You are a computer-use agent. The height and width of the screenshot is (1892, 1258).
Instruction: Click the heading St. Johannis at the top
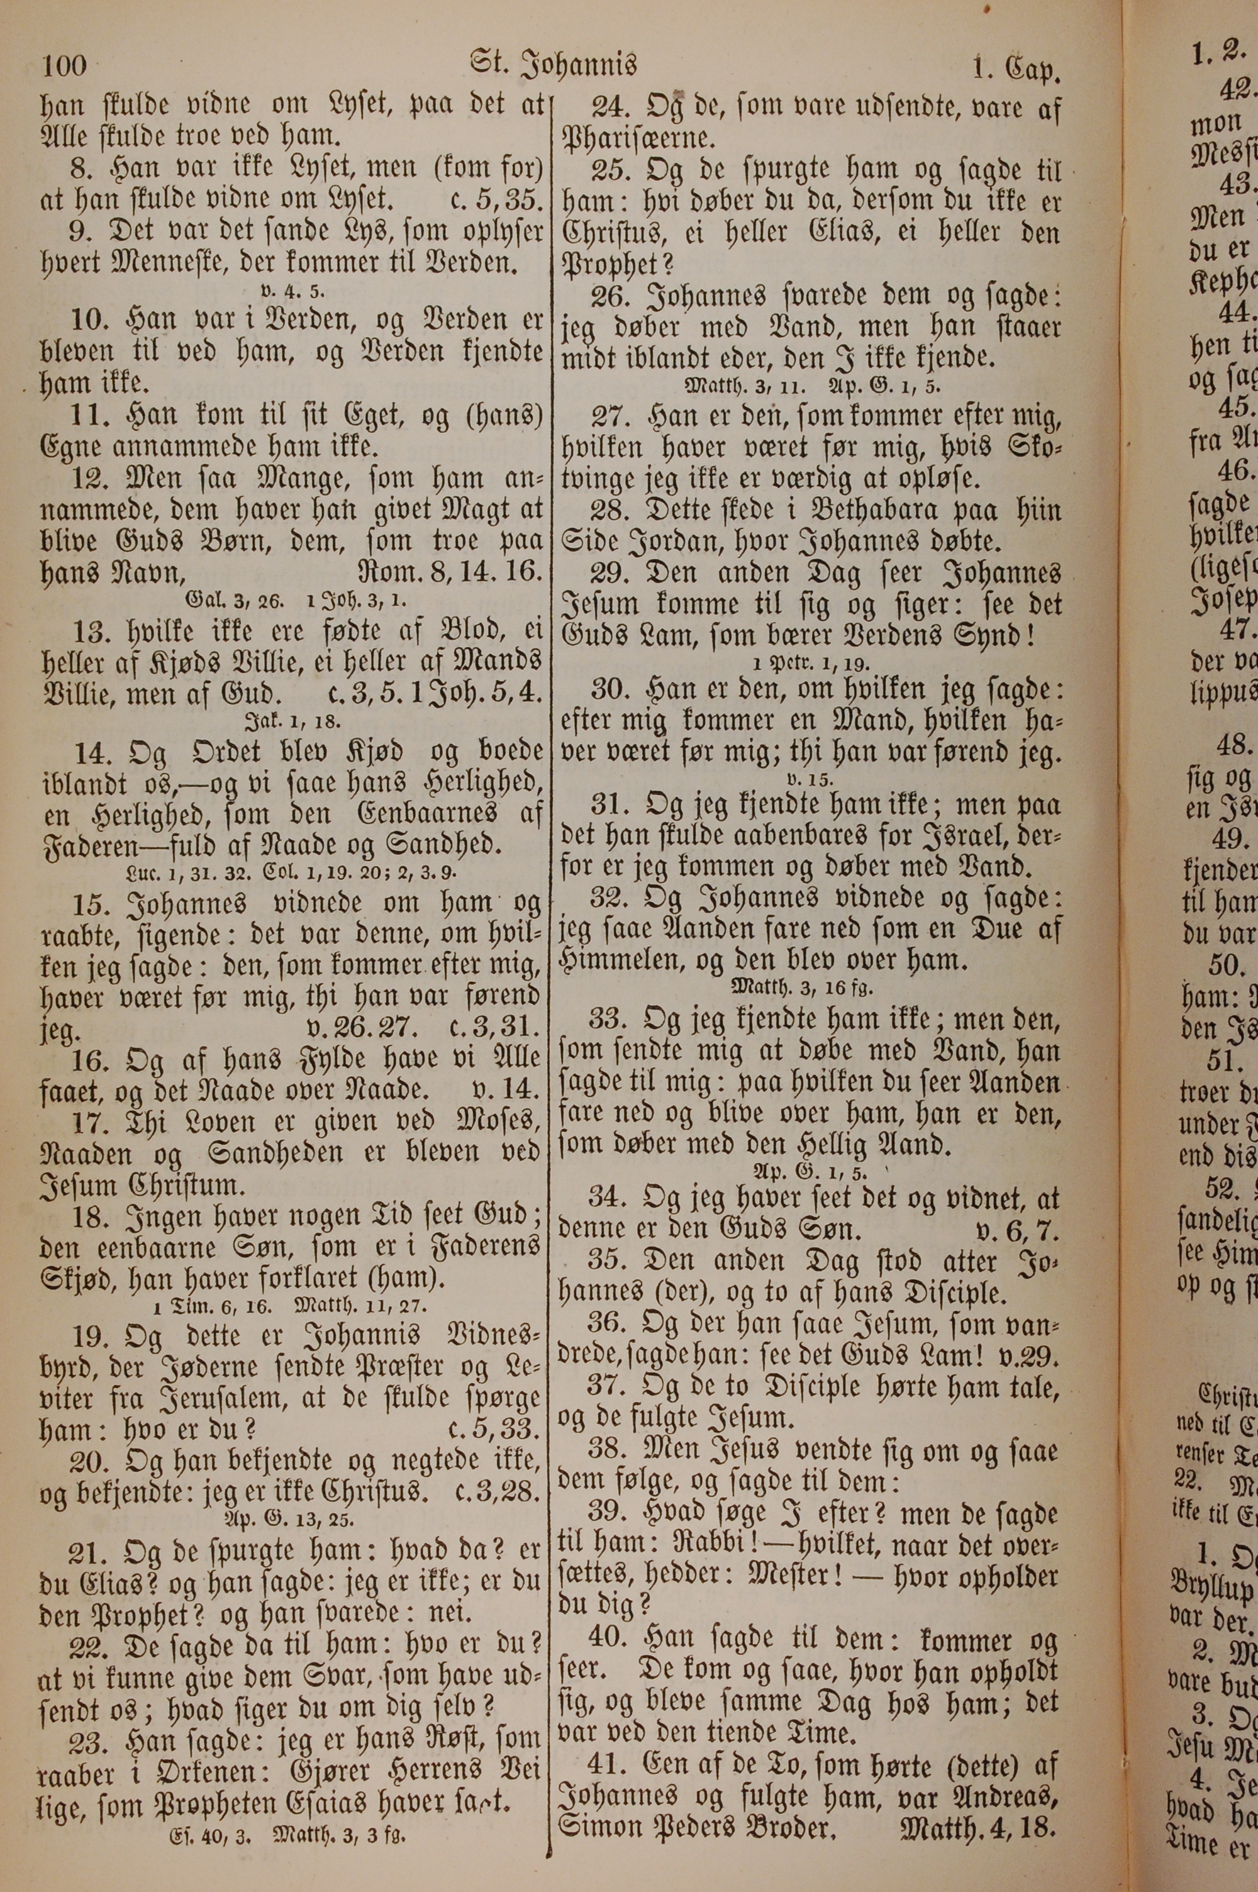pyautogui.click(x=554, y=64)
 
